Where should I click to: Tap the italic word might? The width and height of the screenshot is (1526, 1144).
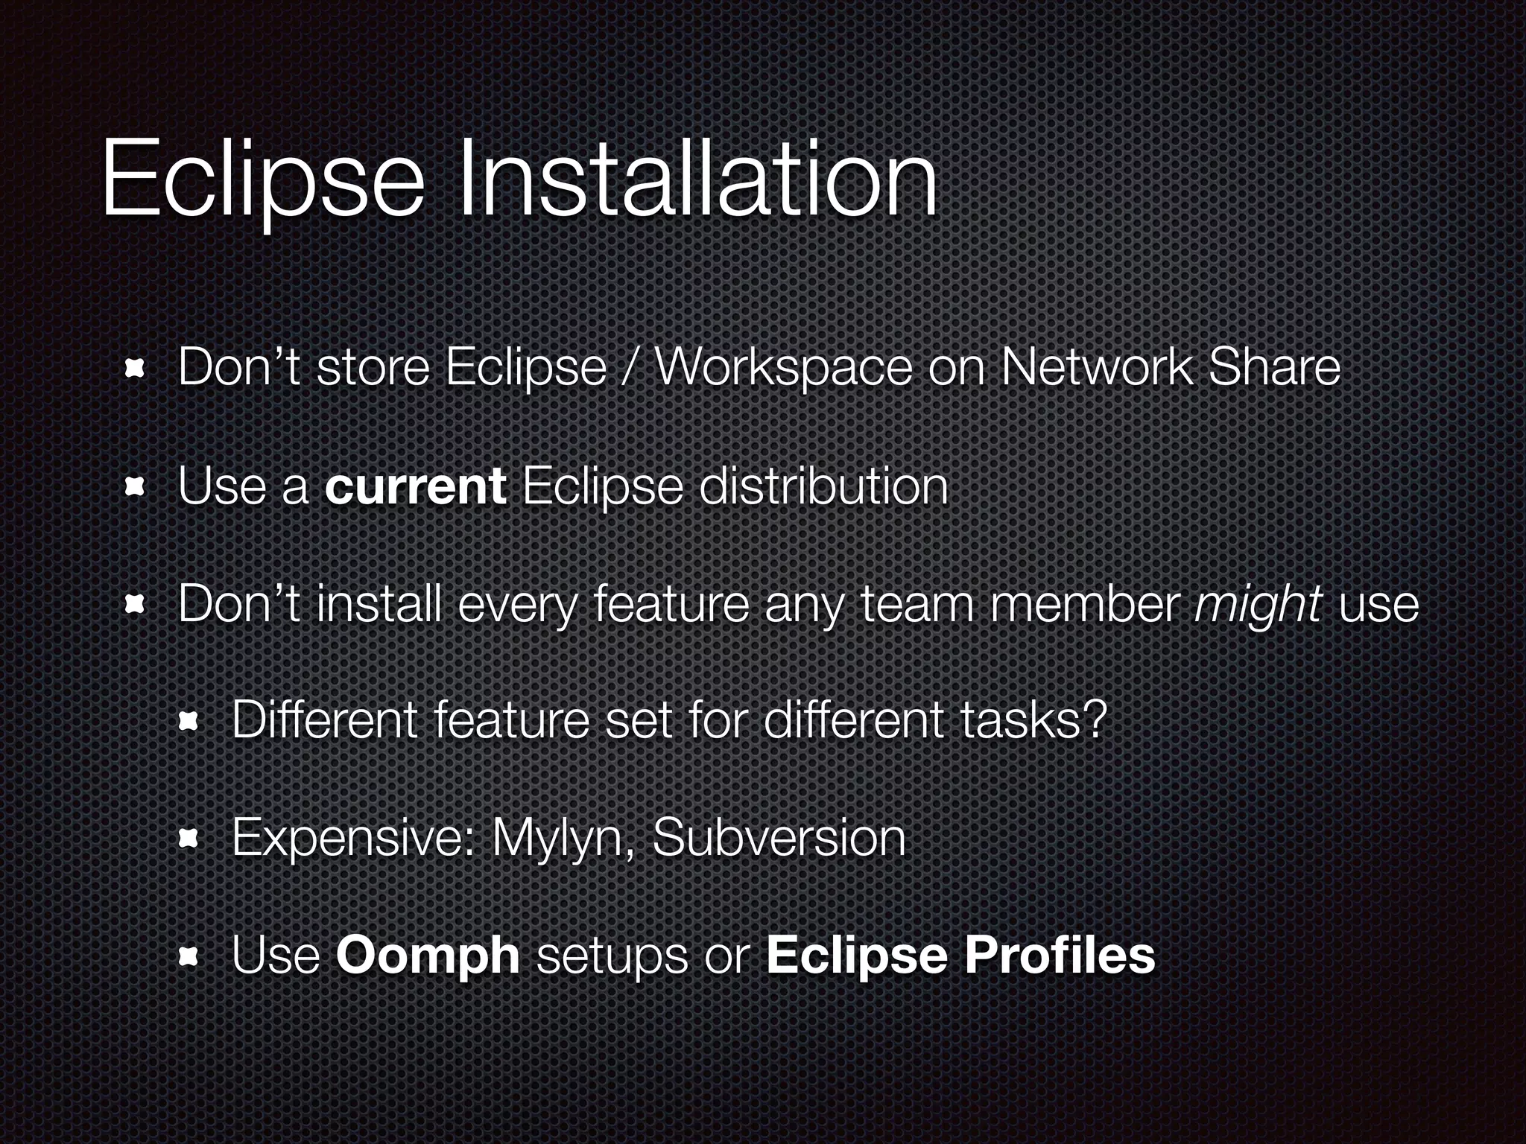click(x=1257, y=605)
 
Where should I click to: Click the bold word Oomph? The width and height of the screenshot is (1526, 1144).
click(x=428, y=955)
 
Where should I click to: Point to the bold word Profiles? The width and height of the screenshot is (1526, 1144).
click(x=1060, y=955)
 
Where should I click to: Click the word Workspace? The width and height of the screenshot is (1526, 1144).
click(x=782, y=369)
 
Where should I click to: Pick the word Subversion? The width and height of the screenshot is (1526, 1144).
click(x=779, y=837)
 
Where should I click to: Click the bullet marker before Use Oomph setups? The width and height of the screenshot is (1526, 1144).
click(x=187, y=956)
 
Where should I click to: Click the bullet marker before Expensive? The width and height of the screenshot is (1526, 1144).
click(x=187, y=839)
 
